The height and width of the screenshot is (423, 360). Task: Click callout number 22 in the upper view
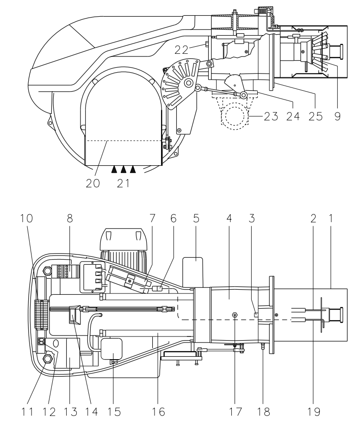point(181,50)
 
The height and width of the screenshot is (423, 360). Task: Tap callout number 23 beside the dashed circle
point(271,116)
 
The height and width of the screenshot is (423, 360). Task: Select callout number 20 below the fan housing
point(93,183)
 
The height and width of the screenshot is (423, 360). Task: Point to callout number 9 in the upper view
point(337,116)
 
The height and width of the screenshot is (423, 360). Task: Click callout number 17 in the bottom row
point(236,412)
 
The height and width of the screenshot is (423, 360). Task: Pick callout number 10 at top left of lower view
point(26,218)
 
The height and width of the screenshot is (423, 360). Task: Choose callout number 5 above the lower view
point(196,218)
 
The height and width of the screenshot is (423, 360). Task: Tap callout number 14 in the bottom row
point(92,412)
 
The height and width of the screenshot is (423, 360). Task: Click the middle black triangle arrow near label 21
point(124,169)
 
